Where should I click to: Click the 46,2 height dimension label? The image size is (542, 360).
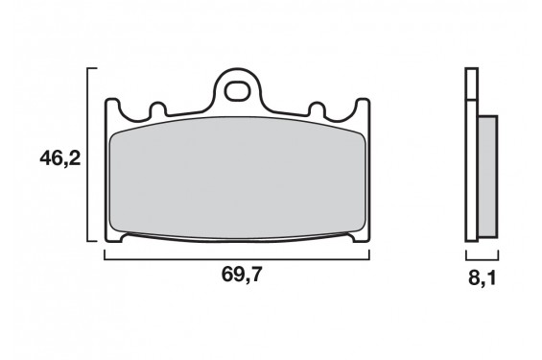pos(59,156)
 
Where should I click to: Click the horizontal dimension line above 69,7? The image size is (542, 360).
pos(237,259)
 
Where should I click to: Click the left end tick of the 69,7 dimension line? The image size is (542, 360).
pos(105,254)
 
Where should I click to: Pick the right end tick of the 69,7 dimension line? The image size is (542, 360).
pos(369,254)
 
